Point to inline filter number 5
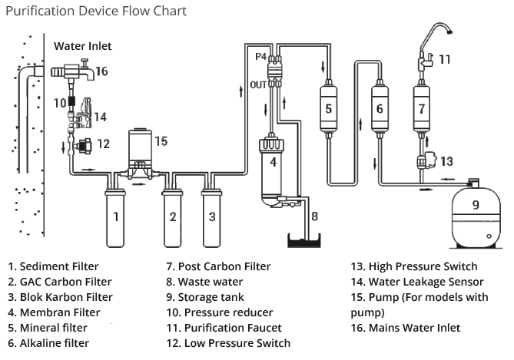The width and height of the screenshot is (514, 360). point(328,108)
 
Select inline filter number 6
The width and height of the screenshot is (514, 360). point(379,108)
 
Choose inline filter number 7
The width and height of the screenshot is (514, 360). point(420,108)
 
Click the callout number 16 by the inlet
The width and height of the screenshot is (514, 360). point(101,71)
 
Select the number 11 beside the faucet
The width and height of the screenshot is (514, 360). point(445,58)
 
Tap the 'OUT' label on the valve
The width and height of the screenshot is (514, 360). point(257,84)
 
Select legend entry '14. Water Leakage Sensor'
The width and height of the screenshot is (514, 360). point(416,282)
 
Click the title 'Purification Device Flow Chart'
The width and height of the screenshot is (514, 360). point(96,12)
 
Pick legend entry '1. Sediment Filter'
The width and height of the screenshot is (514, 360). point(53,266)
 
